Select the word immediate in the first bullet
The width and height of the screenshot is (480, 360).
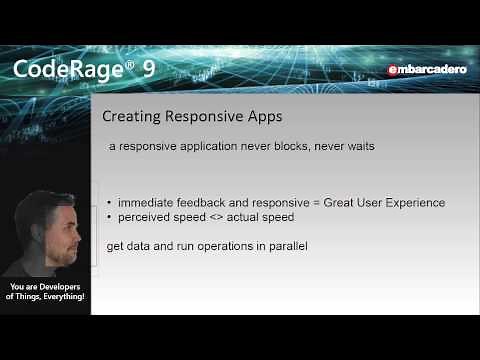147,203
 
